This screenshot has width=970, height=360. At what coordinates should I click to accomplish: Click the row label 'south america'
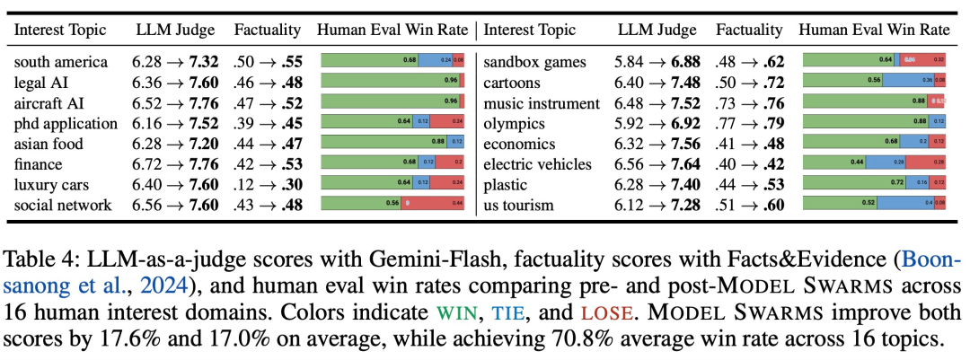pyautogui.click(x=61, y=63)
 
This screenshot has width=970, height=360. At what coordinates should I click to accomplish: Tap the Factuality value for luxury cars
pyautogui.click(x=268, y=185)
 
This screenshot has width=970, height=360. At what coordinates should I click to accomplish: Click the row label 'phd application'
pyautogui.click(x=66, y=124)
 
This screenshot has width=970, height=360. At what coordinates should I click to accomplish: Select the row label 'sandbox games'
pyautogui.click(x=534, y=63)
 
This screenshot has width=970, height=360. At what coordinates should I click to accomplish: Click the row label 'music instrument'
pyautogui.click(x=541, y=104)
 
